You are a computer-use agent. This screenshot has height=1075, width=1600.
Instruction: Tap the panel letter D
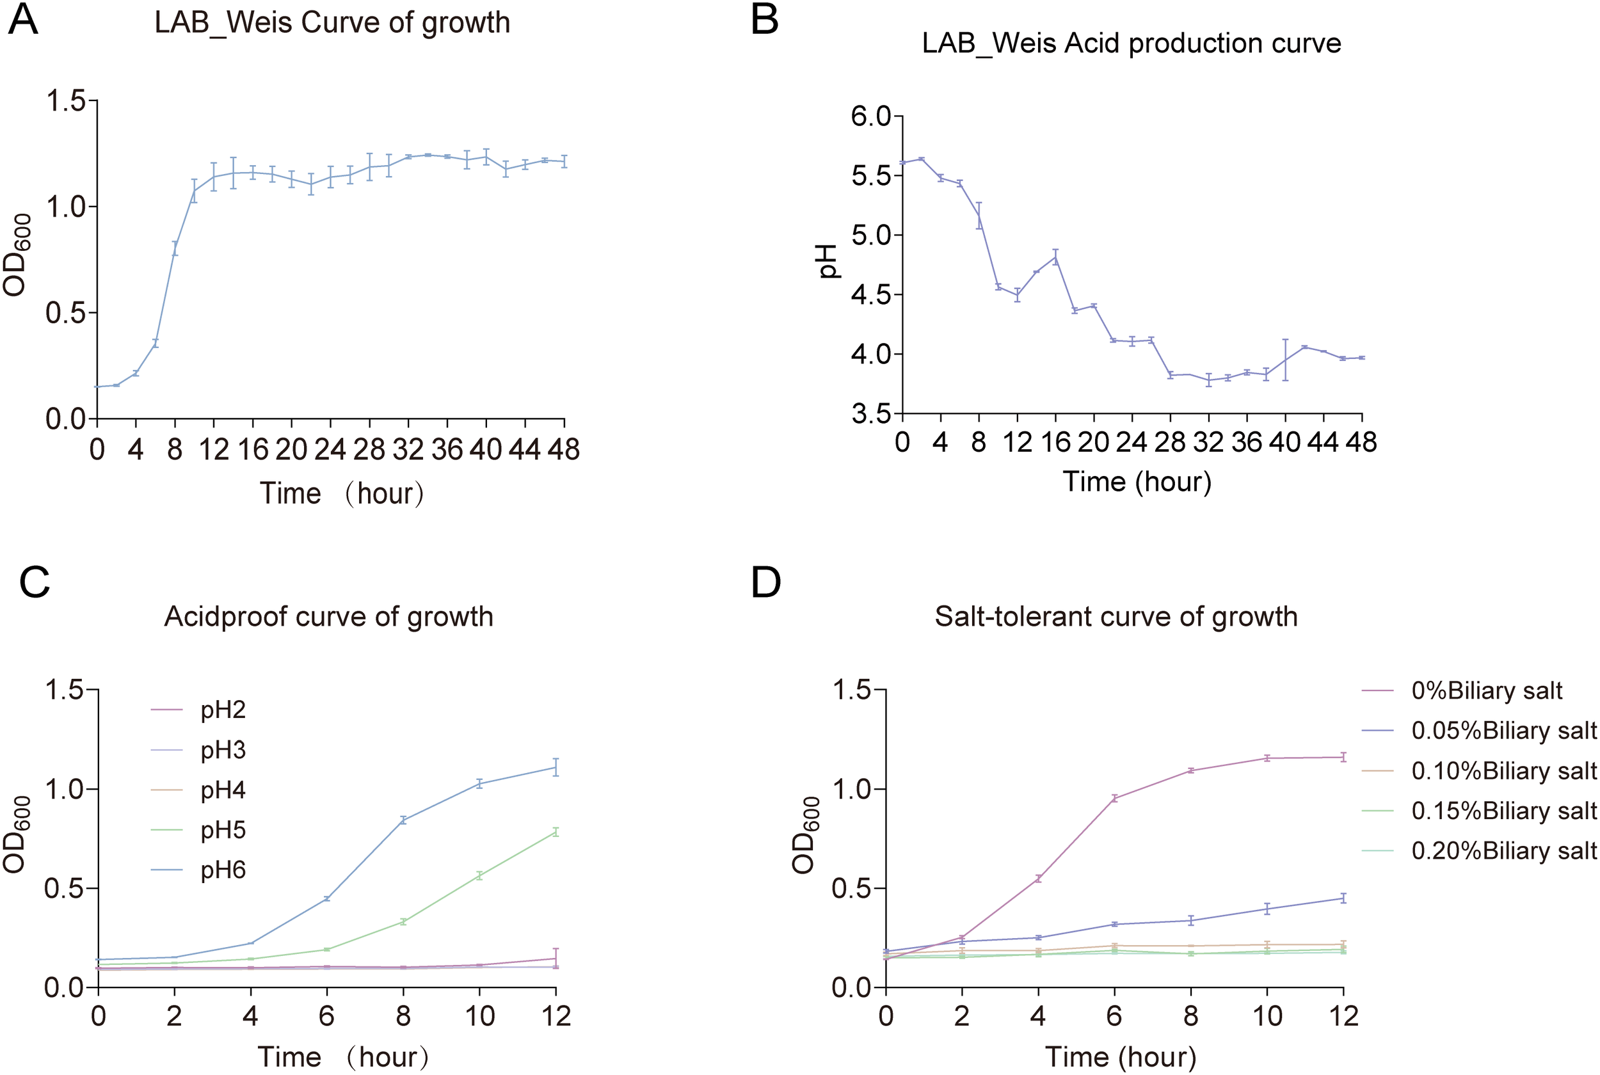pos(765,583)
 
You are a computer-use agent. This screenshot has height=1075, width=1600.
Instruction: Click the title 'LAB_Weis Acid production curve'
pos(1131,44)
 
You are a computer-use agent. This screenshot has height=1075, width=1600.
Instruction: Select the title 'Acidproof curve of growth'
pos(328,616)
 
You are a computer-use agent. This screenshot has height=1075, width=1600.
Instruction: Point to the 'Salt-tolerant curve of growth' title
pos(1116,616)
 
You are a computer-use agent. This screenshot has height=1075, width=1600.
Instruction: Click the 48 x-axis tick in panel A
pos(563,450)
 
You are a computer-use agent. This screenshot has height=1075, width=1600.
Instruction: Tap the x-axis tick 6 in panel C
pos(327,1015)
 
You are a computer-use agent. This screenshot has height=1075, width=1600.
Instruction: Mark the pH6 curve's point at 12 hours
pos(556,767)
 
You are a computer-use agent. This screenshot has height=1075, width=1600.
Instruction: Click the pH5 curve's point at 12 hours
pos(556,832)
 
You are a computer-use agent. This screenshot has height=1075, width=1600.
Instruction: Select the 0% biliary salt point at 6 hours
pos(1115,798)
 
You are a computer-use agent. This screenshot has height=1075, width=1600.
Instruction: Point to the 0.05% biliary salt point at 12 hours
pos(1343,898)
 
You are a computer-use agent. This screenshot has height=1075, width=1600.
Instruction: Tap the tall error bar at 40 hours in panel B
pos(1285,359)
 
